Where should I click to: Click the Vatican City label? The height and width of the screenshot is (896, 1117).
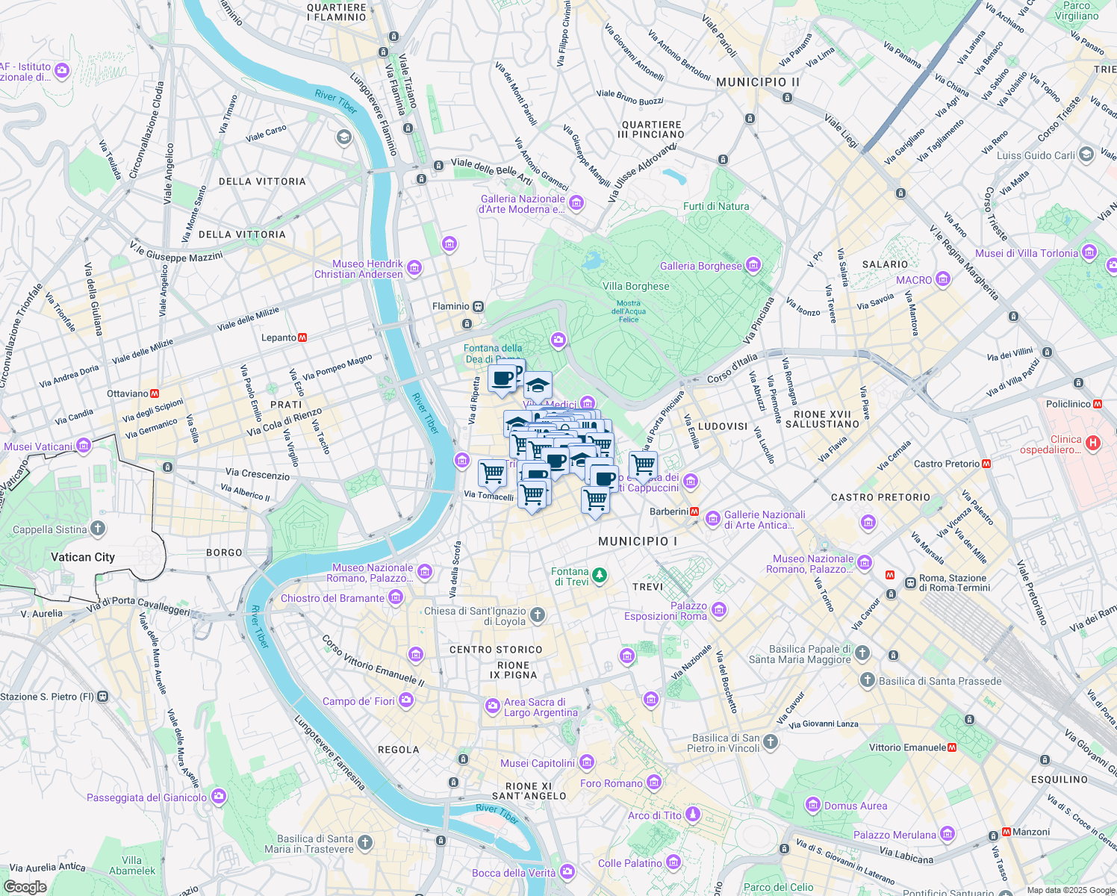pos(82,557)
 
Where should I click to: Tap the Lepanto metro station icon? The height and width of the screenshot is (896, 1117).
pos(302,337)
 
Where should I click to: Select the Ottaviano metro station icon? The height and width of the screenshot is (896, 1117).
pos(155,393)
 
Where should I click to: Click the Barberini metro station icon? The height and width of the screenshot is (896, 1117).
pos(694,511)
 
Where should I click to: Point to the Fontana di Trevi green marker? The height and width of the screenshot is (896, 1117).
pos(599,576)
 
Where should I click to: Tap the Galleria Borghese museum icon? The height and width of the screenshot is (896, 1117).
pos(753,265)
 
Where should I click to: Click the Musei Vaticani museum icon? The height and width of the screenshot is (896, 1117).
pos(84,447)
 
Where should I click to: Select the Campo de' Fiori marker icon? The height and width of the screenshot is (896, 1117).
pos(405,700)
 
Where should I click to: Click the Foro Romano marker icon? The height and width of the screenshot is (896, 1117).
pos(654,783)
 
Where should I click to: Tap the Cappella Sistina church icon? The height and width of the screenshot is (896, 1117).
pos(98,529)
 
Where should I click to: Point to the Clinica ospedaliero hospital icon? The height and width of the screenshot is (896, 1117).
pos(1093,444)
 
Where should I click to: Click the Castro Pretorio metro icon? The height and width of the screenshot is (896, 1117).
pos(986,464)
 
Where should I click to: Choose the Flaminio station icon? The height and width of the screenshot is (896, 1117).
pos(479,306)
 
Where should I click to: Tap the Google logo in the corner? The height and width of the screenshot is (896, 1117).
pos(25,887)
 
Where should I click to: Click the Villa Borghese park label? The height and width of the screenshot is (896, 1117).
pos(636,286)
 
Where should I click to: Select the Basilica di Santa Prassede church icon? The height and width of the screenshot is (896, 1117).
pos(867,680)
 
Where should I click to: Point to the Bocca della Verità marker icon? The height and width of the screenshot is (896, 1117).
pos(567,872)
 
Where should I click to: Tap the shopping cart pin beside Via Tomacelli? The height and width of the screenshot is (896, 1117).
pos(492,473)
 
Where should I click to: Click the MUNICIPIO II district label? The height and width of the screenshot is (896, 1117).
pos(757,82)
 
